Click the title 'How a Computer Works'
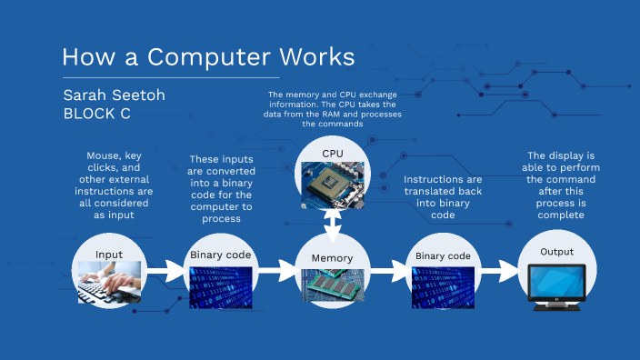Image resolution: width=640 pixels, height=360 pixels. [x=208, y=57]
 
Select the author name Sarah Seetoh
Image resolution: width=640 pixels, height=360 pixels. [x=113, y=95]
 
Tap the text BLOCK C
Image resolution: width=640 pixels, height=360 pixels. [x=97, y=115]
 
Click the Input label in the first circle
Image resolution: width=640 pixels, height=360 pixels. [x=109, y=254]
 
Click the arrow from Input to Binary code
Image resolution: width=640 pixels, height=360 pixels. [x=165, y=270]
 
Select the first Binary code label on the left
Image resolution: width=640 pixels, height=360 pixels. [x=221, y=255]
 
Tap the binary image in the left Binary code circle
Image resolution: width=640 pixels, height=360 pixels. [x=221, y=286]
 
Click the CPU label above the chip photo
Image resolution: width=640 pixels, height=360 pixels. [x=334, y=154]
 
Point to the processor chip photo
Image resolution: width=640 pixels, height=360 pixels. [x=334, y=182]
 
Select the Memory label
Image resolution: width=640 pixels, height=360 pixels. [x=332, y=258]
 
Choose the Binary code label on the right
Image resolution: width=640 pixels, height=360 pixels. [x=443, y=256]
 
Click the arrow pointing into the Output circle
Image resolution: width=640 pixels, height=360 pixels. [x=499, y=270]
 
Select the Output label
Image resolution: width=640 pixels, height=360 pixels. [x=557, y=252]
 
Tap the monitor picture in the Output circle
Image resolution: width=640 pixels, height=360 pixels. [x=557, y=285]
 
